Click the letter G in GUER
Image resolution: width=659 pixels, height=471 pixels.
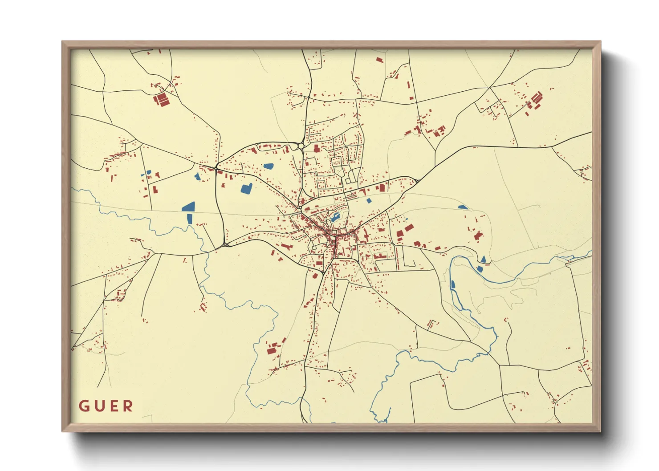[84, 406]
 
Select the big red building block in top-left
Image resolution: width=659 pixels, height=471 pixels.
[161, 99]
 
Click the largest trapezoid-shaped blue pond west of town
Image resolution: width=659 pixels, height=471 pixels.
[189, 207]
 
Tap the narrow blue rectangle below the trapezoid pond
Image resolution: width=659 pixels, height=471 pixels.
[189, 219]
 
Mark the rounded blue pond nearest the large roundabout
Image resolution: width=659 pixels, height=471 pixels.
[268, 166]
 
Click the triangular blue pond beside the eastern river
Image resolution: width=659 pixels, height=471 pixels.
[484, 259]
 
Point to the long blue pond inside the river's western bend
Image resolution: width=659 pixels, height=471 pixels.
[453, 284]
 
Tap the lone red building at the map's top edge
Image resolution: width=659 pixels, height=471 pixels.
[379, 59]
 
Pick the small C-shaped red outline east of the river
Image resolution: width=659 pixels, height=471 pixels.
[506, 320]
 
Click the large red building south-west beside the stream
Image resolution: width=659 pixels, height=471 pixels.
[270, 350]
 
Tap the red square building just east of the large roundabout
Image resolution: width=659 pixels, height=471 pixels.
[317, 148]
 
